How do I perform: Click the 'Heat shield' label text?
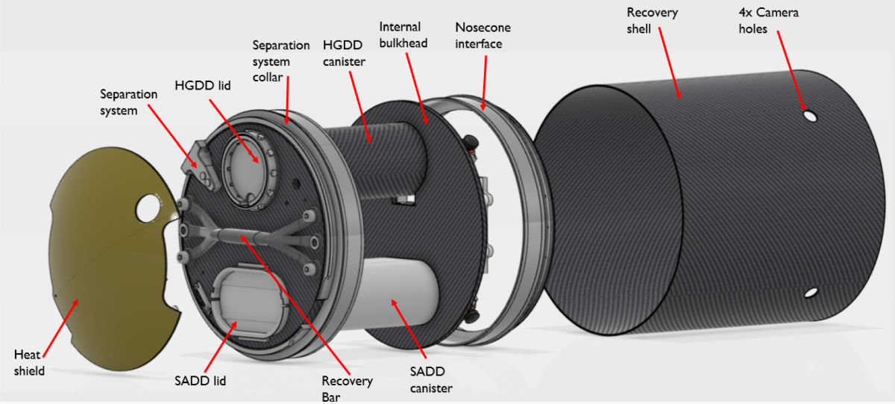pos(31,361)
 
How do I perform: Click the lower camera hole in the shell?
pos(811,293)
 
